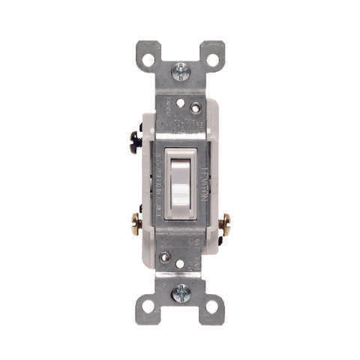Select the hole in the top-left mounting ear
(148, 58)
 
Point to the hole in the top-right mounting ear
(212, 58)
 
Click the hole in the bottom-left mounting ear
(148, 305)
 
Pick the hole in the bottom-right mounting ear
(212, 305)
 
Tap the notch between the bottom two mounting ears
(180, 315)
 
